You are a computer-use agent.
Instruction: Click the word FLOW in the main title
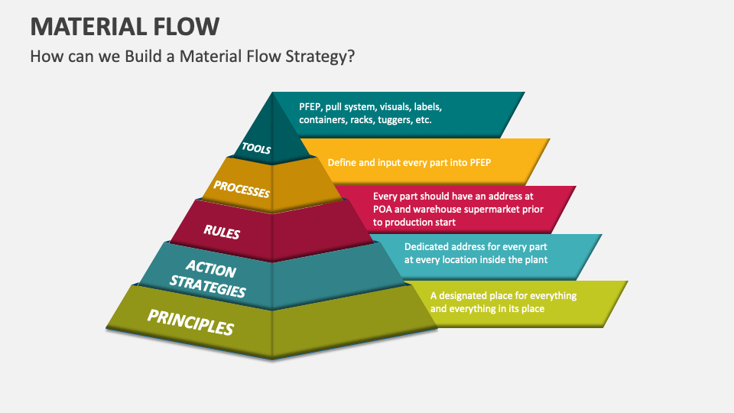[189, 27]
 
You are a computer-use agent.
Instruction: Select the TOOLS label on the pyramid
[256, 148]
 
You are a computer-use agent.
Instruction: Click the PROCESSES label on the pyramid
[241, 189]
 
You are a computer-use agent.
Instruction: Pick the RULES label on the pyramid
[221, 231]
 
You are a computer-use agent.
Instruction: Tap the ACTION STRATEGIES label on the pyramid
[209, 279]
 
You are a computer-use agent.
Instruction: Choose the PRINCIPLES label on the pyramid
[190, 322]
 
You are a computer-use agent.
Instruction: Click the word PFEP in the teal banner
[311, 107]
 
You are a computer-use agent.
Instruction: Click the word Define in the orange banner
[342, 162]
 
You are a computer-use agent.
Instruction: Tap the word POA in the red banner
[382, 210]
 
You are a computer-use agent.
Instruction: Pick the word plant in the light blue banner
[536, 260]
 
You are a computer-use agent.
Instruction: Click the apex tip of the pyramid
[272, 93]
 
